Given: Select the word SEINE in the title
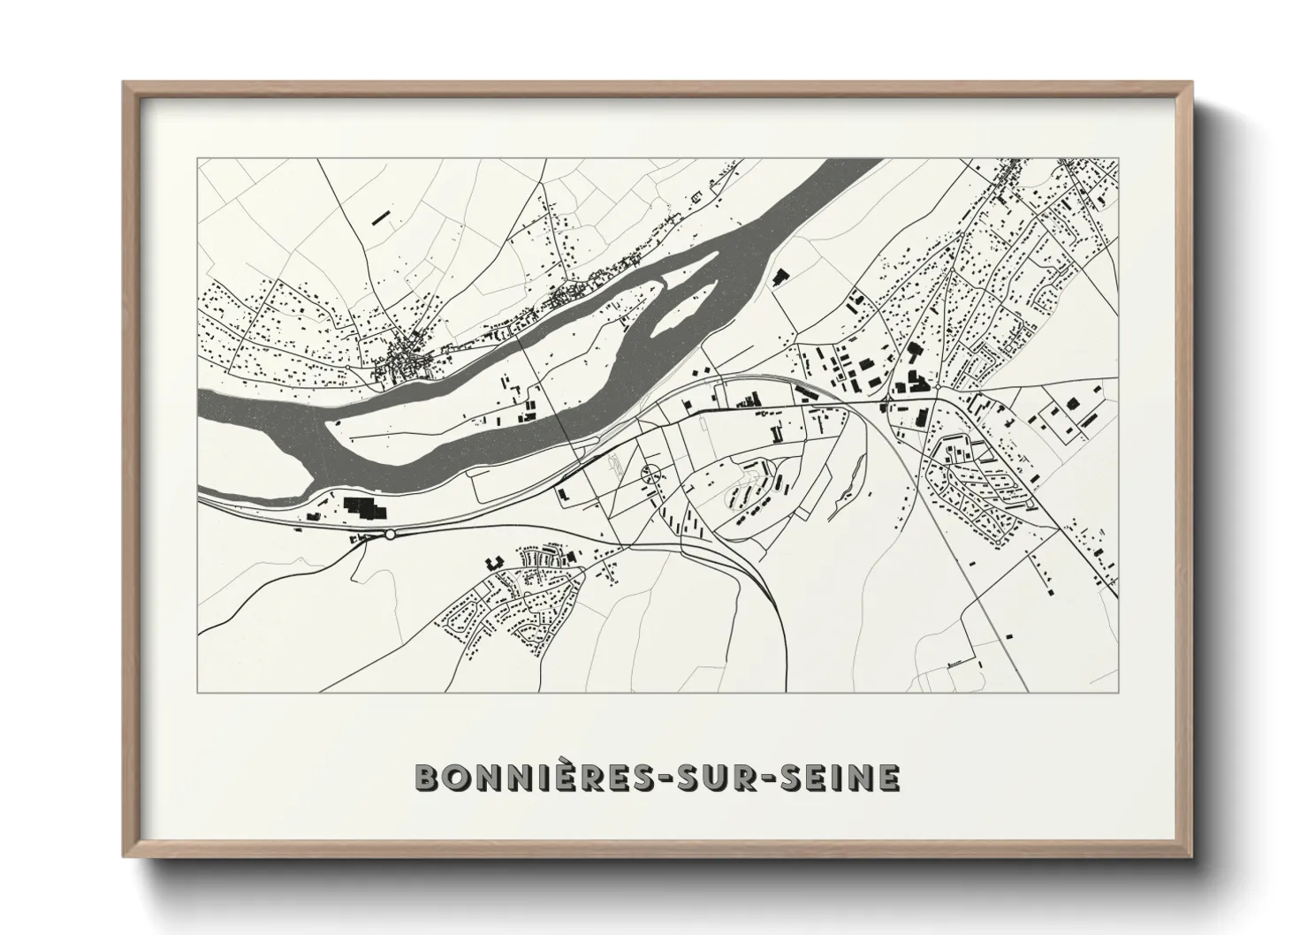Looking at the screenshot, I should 837,777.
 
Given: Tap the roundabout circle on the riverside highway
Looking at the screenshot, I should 390,534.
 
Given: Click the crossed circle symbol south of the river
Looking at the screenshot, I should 650,474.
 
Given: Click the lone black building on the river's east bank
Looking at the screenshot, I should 779,277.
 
